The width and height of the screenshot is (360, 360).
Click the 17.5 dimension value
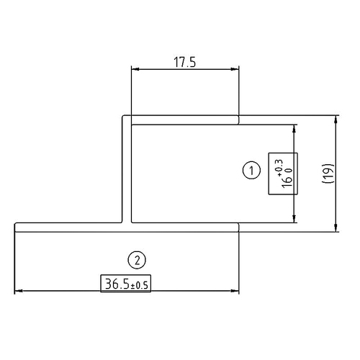185,61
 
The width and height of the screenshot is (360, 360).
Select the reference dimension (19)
328,174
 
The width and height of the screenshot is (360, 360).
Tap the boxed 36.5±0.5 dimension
126,284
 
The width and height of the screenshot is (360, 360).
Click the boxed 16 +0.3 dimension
283,174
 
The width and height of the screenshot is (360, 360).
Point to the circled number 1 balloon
251,170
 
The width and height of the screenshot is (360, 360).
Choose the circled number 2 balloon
135,258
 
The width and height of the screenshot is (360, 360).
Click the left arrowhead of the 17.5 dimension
135,70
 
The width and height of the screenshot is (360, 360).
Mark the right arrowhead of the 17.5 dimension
235,70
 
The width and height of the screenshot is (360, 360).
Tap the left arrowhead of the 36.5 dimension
19,291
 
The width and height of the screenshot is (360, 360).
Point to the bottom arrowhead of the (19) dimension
336,228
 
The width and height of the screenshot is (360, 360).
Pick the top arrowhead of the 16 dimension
295,128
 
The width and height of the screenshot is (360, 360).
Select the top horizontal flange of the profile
180,120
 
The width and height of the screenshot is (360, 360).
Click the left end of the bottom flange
17,228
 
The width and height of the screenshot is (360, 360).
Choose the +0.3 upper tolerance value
279,163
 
